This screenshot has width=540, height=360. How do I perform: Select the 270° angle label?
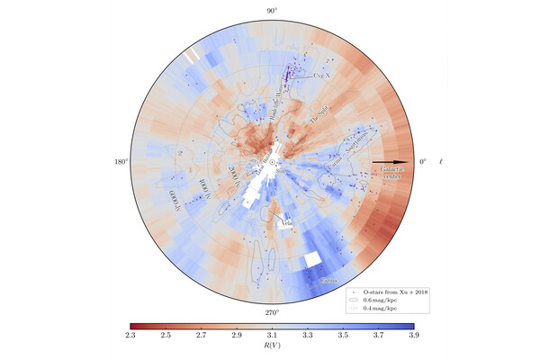click(x=271, y=312)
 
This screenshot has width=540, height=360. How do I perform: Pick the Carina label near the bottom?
click(x=328, y=281)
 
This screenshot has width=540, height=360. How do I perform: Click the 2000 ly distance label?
click(x=232, y=177)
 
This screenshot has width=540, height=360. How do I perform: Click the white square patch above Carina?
click(x=311, y=259)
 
